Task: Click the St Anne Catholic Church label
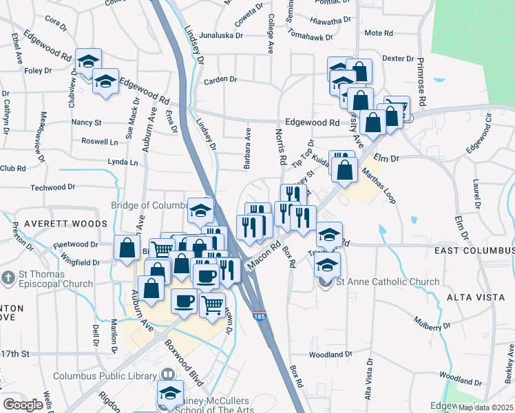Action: pyautogui.click(x=387, y=282)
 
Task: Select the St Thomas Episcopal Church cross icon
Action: pyautogui.click(x=8, y=279)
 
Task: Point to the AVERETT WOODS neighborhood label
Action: pyautogui.click(x=66, y=224)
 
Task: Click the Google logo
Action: pyautogui.click(x=23, y=405)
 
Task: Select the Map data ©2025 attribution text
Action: pyautogui.click(x=486, y=407)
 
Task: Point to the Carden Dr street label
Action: pyautogui.click(x=220, y=81)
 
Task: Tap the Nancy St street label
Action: pyautogui.click(x=87, y=123)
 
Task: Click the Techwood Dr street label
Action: pyautogui.click(x=53, y=187)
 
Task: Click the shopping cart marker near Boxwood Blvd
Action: pyautogui.click(x=212, y=303)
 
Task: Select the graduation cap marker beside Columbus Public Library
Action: pyautogui.click(x=170, y=392)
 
